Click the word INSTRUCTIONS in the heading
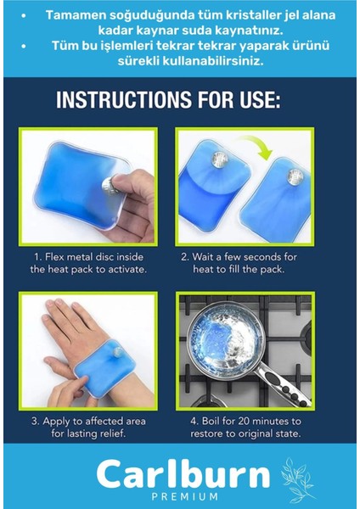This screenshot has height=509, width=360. pos(124,99)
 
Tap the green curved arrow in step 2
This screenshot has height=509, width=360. pos(256,145)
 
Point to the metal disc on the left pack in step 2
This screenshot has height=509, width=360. pos(219,160)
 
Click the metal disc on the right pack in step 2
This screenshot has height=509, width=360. pos(295,177)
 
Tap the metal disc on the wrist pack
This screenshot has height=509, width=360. pos(118,352)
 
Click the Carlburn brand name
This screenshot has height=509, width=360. pos(183,473)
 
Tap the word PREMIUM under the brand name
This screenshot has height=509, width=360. pos(184,496)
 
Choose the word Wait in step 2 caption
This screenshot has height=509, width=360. pos(201,257)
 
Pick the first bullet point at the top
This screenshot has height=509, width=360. pos(24,15)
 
